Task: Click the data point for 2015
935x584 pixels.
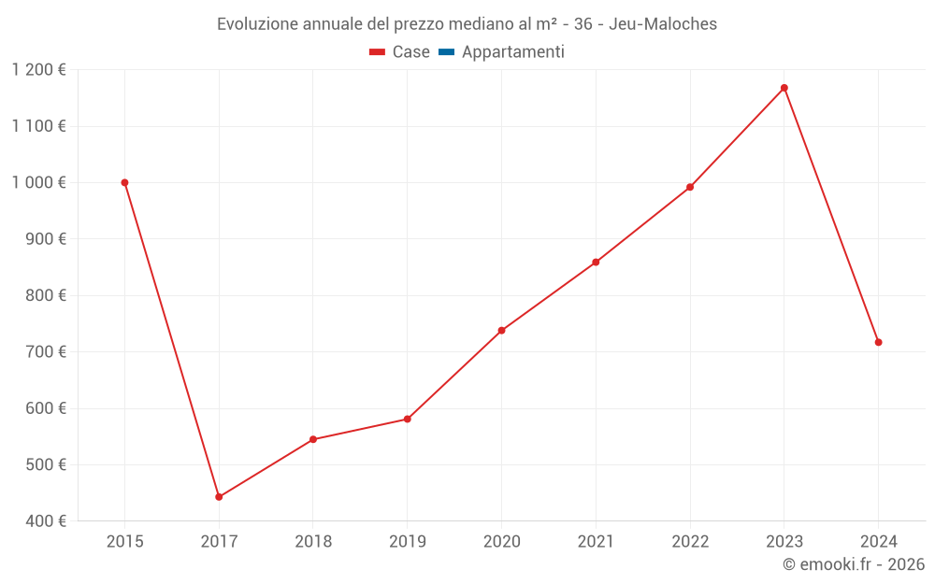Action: click(x=124, y=183)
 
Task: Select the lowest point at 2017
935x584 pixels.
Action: click(x=219, y=497)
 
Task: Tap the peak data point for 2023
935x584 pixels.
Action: click(x=784, y=88)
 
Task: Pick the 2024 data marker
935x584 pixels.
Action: click(x=878, y=342)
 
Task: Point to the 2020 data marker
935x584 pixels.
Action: click(x=501, y=330)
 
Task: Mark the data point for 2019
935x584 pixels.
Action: click(x=408, y=419)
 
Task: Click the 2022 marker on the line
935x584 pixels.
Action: click(x=690, y=187)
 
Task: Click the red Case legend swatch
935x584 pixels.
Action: click(x=378, y=52)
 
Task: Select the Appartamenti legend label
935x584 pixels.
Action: click(x=512, y=52)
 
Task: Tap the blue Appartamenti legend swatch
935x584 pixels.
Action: click(x=446, y=52)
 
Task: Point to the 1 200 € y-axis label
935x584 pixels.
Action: click(x=39, y=70)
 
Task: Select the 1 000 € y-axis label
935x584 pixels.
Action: click(x=39, y=183)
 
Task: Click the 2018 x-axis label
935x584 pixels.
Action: click(x=313, y=541)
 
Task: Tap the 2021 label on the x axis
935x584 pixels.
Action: click(x=596, y=541)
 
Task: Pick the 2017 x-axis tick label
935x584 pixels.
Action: click(x=219, y=541)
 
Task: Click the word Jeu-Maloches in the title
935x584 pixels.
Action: click(x=663, y=24)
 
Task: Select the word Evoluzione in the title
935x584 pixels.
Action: click(x=258, y=24)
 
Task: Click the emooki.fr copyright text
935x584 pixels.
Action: click(x=854, y=564)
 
